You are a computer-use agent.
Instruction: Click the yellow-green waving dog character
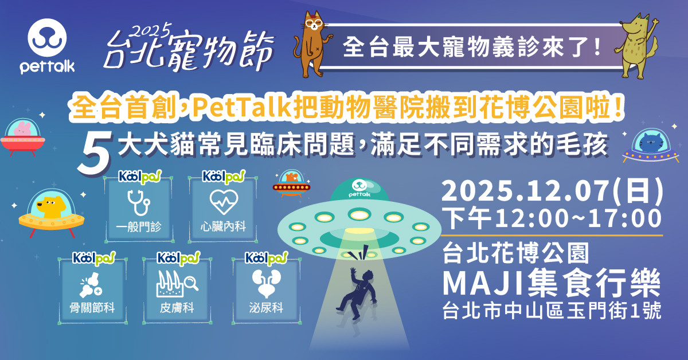tap(638, 46)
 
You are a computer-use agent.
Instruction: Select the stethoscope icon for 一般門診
tap(139, 202)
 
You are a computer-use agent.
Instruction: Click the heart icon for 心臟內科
tap(224, 202)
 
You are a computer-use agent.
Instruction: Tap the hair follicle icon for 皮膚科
tap(177, 284)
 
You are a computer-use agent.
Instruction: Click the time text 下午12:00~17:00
tap(552, 218)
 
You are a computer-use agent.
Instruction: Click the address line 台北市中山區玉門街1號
tap(552, 311)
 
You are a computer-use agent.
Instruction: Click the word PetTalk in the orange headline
tap(241, 107)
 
